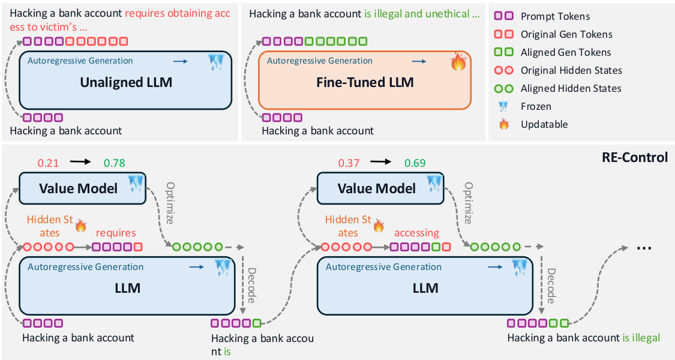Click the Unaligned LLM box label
[126, 83]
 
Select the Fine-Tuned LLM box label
[365, 82]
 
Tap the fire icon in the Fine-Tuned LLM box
[459, 62]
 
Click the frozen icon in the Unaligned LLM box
[215, 63]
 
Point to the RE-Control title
[634, 157]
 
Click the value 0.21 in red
[49, 163]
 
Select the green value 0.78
[114, 163]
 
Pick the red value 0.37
[349, 163]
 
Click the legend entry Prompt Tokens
[555, 17]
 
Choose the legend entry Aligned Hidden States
[571, 88]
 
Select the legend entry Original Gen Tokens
[566, 35]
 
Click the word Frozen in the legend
[536, 106]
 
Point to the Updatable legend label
[544, 124]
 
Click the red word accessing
[416, 233]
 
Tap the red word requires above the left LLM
[116, 233]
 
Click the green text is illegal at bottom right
[641, 338]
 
